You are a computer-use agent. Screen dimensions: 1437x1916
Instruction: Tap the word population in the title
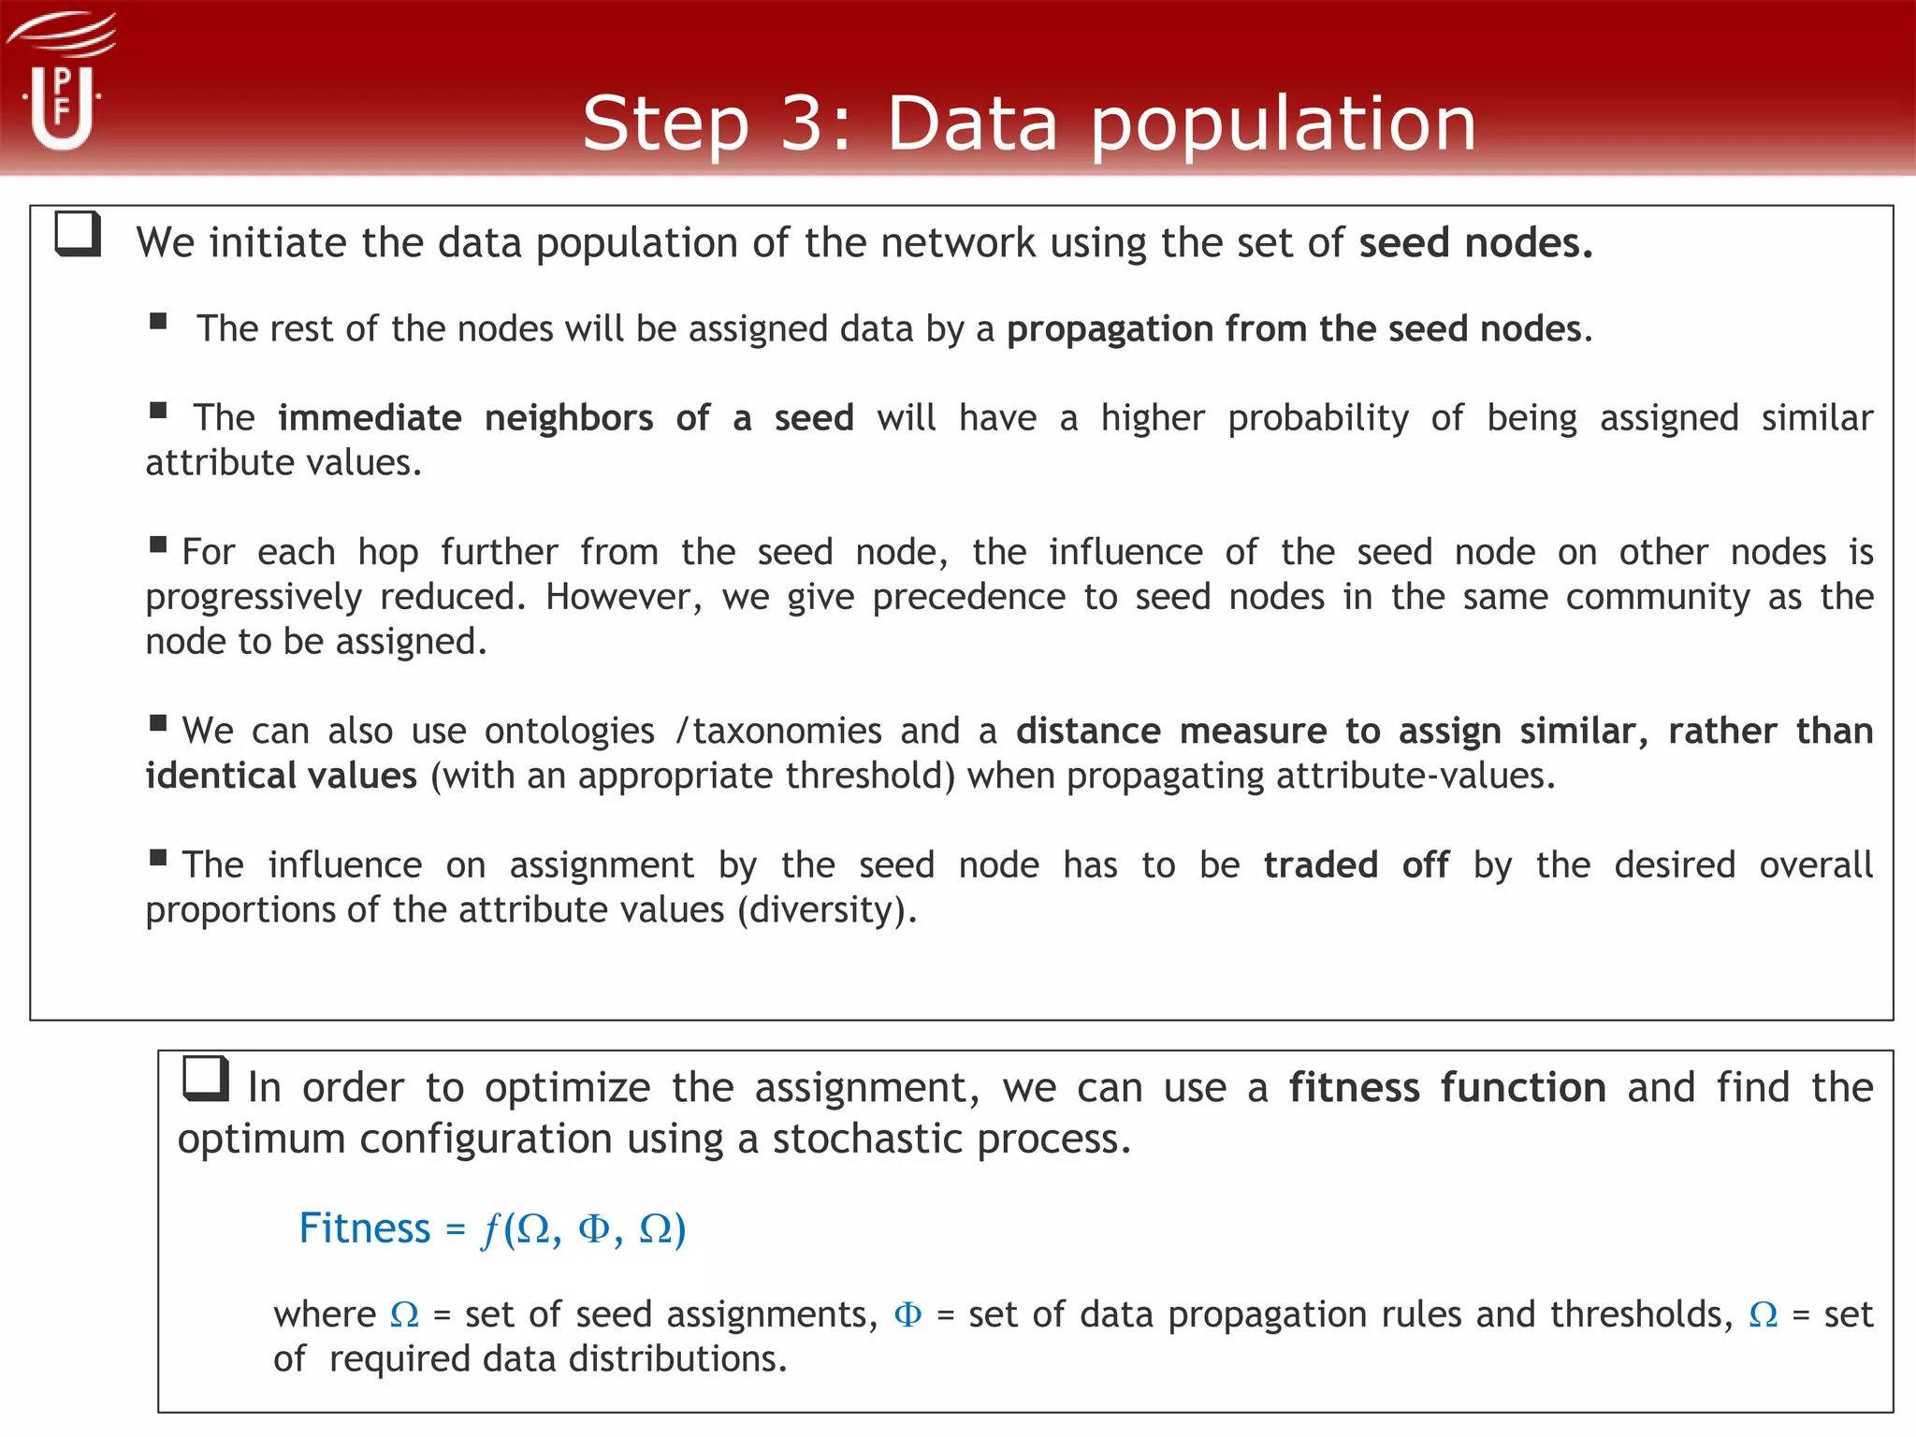tap(1283, 124)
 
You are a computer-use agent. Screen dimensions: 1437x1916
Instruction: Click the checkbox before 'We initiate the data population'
tap(78, 233)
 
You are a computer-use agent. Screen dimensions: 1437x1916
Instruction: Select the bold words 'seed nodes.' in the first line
tap(1475, 243)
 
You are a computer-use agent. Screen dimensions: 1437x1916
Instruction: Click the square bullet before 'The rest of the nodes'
tap(158, 322)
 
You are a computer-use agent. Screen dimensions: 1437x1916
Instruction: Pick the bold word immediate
tap(370, 417)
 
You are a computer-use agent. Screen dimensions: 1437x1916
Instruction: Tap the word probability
tap(1317, 418)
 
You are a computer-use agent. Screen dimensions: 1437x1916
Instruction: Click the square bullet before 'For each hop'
tap(158, 544)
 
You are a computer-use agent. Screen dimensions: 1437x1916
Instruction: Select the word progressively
tap(254, 597)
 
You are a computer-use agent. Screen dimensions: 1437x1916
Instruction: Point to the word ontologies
tap(569, 731)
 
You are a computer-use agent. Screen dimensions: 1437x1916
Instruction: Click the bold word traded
tap(1320, 864)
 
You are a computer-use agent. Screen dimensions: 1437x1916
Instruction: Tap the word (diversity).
tap(827, 909)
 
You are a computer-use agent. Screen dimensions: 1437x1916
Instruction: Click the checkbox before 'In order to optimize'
tap(206, 1079)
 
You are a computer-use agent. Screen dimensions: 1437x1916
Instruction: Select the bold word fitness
tap(1354, 1087)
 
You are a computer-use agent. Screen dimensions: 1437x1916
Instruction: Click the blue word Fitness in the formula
tap(364, 1227)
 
